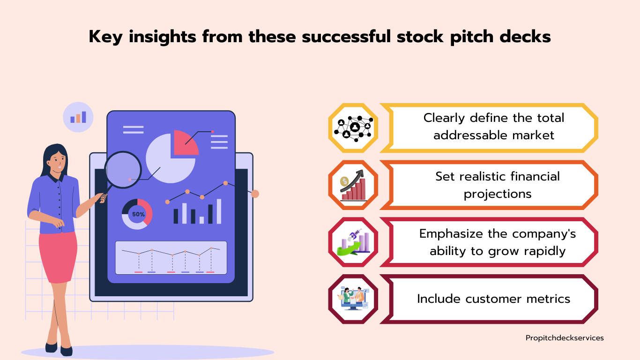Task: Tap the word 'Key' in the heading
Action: click(x=105, y=37)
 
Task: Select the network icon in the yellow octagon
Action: click(x=353, y=128)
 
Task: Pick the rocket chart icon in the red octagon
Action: click(x=353, y=242)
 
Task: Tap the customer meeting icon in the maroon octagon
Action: click(x=353, y=299)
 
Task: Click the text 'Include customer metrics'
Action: click(x=493, y=299)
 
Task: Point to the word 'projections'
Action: click(x=498, y=195)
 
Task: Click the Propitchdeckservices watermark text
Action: click(x=565, y=338)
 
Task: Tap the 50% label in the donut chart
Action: click(x=138, y=214)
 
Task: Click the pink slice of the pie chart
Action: click(x=186, y=143)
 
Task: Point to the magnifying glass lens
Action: click(x=123, y=170)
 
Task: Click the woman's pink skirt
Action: click(x=58, y=257)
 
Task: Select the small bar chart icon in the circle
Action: click(x=78, y=117)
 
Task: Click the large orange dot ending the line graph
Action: click(x=255, y=194)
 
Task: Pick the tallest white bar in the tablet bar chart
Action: click(x=219, y=211)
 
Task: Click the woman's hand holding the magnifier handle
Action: click(x=101, y=198)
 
